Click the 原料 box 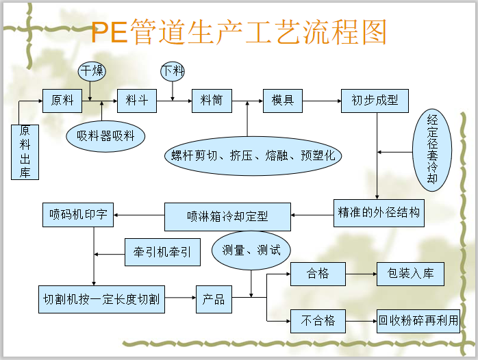(62, 101)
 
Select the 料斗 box (132, 101)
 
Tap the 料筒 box (211, 101)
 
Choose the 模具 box (283, 101)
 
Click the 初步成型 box (375, 101)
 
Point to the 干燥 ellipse (90, 70)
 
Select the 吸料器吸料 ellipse (105, 136)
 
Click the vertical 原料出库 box (25, 151)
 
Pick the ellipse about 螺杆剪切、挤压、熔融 (253, 155)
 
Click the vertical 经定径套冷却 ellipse (432, 149)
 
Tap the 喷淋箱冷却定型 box (227, 217)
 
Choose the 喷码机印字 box (77, 214)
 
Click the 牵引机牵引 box (162, 252)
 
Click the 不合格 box (318, 320)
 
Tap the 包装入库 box (410, 274)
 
